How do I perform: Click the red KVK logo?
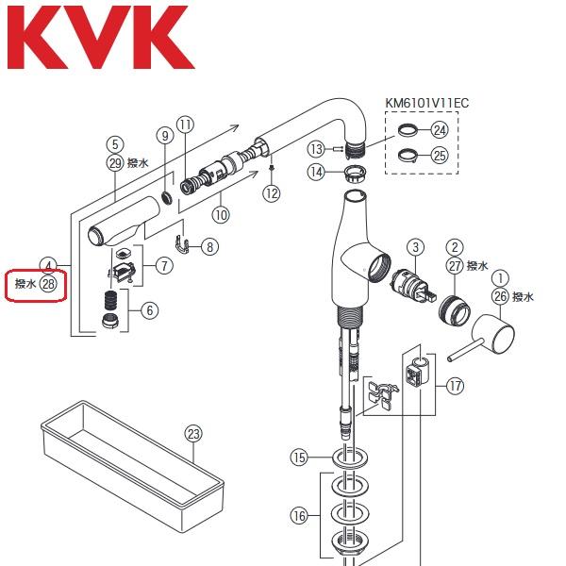click(99, 39)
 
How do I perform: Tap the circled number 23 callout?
click(193, 434)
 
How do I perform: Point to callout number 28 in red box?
click(48, 282)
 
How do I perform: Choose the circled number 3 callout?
click(414, 248)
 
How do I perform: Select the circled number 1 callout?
click(500, 278)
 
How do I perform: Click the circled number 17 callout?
click(456, 386)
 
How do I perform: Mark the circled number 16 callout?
click(299, 515)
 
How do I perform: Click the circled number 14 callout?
click(317, 172)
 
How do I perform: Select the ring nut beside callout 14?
click(352, 173)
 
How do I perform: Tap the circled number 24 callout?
click(440, 130)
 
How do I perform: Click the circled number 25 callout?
click(440, 156)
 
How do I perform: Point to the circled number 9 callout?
click(165, 135)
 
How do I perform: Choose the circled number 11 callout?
click(185, 125)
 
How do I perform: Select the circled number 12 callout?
click(272, 193)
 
